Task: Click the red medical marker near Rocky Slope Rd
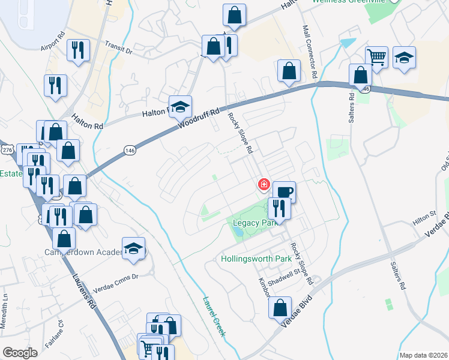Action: click(x=263, y=184)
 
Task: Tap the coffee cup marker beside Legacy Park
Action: click(x=284, y=192)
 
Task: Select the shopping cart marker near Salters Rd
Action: click(x=376, y=58)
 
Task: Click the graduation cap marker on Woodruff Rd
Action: click(x=180, y=107)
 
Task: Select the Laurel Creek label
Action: click(x=213, y=317)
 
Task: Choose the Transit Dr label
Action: click(x=118, y=47)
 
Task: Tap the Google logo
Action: click(x=20, y=353)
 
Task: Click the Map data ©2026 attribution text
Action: click(x=423, y=355)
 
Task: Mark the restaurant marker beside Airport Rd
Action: click(x=79, y=50)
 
